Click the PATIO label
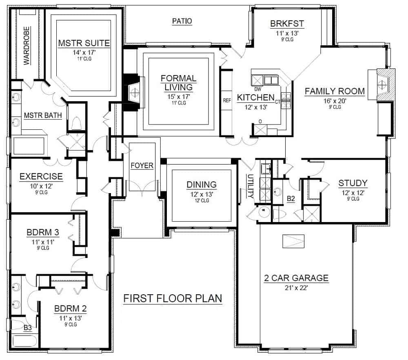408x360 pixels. point(182,21)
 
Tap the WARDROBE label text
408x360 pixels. point(27,46)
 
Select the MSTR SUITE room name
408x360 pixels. point(84,43)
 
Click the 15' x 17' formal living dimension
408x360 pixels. point(179,97)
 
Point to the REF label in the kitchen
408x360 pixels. point(227,100)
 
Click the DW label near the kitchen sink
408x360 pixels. point(258,89)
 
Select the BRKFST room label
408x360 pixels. point(287,24)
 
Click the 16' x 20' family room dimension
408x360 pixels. point(335,101)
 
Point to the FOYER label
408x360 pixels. point(142,166)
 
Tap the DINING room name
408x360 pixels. point(202,184)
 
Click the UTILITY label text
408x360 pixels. point(251,186)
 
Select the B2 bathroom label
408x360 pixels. point(291,199)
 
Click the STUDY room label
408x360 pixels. point(353,183)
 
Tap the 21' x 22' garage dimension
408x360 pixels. point(296,288)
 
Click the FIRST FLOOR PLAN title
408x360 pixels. point(173,298)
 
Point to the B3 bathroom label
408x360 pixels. point(28,327)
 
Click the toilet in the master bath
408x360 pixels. point(77,123)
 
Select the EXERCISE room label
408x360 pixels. point(41,176)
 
